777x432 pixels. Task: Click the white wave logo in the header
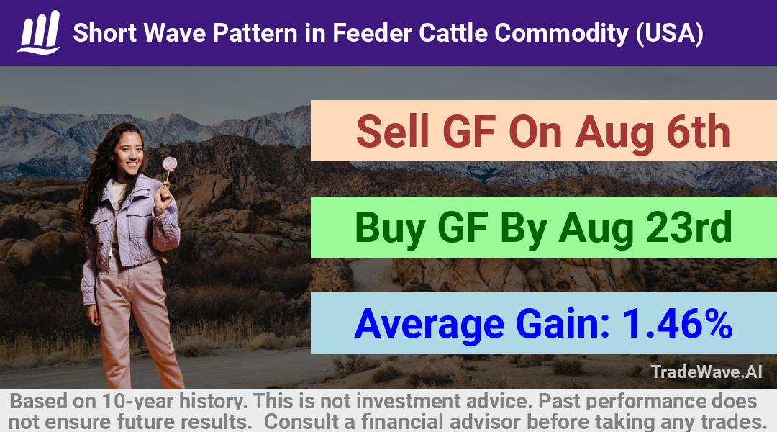tap(39, 32)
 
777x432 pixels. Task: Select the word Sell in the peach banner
tap(393, 132)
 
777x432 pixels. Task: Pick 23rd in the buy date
tap(686, 228)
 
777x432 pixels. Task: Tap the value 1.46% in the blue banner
tap(677, 323)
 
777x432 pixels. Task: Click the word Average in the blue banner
tap(429, 324)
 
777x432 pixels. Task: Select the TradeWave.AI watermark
tap(706, 372)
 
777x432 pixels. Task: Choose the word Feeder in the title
tap(372, 33)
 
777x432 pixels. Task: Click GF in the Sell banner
tap(469, 132)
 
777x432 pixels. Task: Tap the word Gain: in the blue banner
tap(563, 324)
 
